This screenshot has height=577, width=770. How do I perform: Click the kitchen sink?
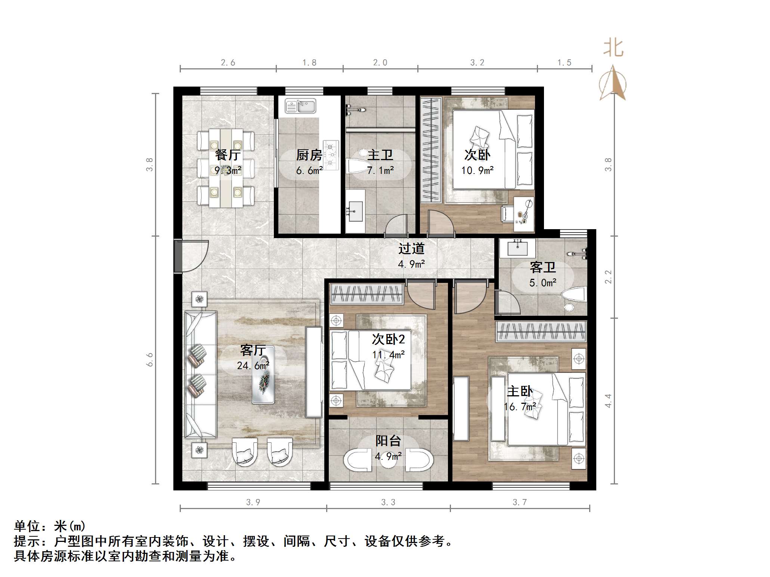(x=300, y=106)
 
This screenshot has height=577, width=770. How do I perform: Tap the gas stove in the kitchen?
(x=331, y=155)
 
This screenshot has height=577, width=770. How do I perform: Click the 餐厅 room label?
(x=228, y=155)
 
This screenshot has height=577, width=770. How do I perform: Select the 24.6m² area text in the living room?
(x=253, y=366)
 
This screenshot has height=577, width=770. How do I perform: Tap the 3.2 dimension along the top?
(x=477, y=63)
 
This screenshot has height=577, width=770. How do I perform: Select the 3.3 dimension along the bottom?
(x=388, y=502)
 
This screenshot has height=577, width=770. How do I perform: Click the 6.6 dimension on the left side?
(x=150, y=359)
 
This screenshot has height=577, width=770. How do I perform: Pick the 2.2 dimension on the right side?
(x=608, y=277)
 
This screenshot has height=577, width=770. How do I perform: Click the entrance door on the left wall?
(x=179, y=256)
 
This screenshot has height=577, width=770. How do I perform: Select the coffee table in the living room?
(x=263, y=375)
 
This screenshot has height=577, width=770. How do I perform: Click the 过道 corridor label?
(x=411, y=249)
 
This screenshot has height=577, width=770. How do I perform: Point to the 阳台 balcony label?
(x=388, y=441)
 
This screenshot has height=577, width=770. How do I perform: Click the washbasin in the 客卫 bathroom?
(x=517, y=248)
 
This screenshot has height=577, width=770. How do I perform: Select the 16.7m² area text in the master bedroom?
(x=520, y=407)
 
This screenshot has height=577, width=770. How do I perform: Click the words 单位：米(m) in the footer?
(x=50, y=526)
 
